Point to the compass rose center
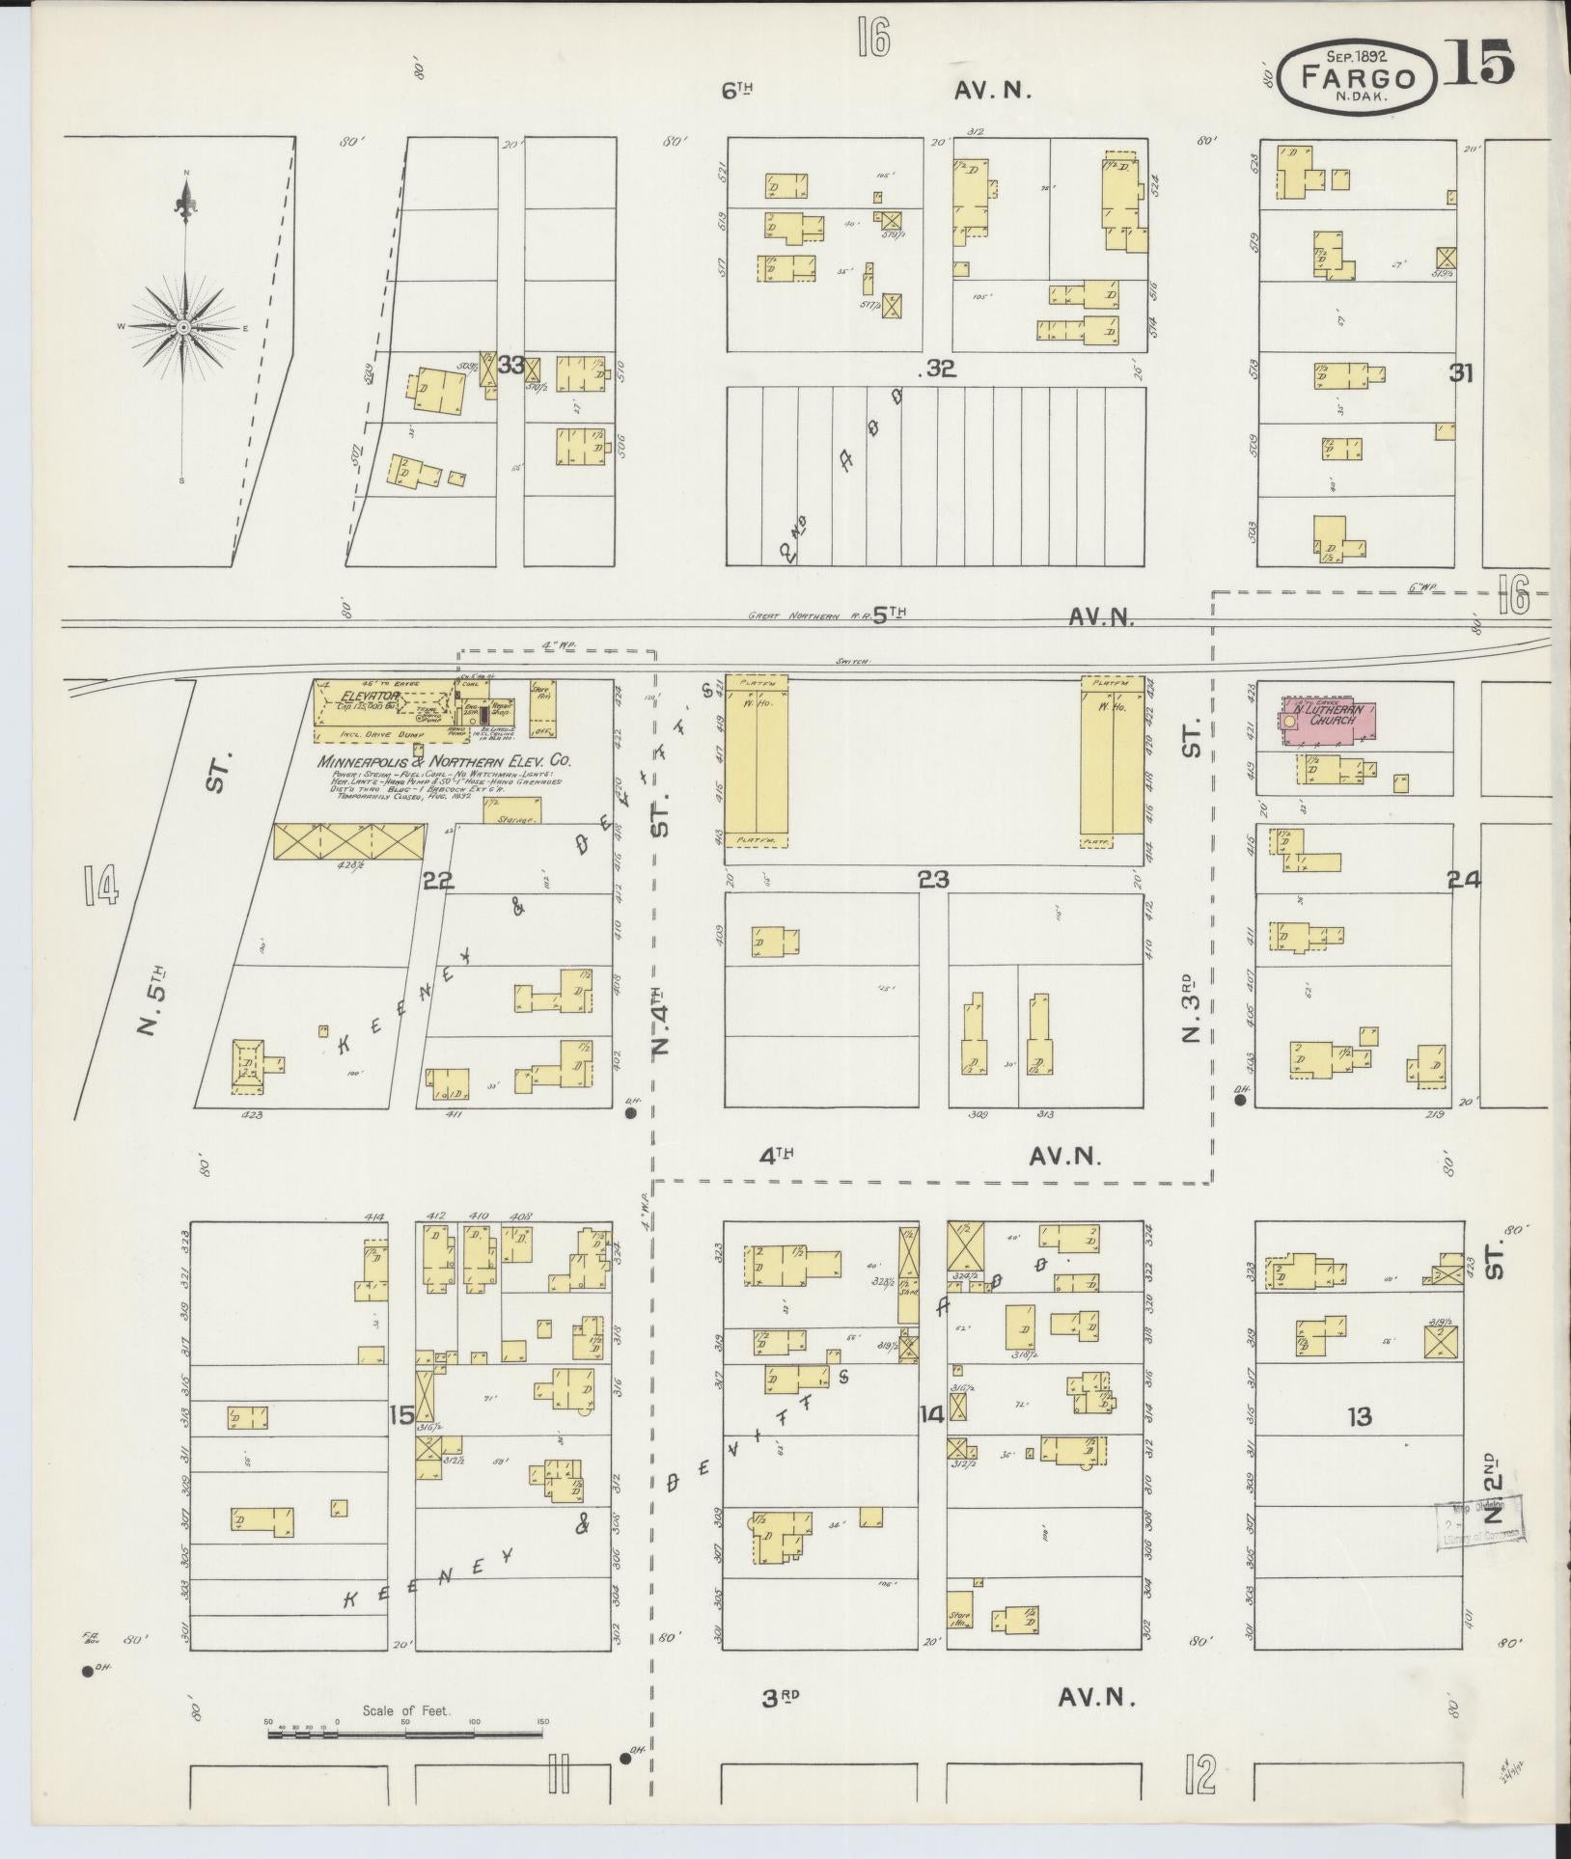pyautogui.click(x=181, y=329)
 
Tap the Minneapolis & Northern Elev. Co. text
pyautogui.click(x=445, y=761)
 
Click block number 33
pyautogui.click(x=511, y=366)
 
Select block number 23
pyautogui.click(x=933, y=879)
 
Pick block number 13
pyautogui.click(x=1360, y=1416)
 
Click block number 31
pyautogui.click(x=1461, y=373)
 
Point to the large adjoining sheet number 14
pyautogui.click(x=100, y=886)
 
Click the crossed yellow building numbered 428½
pyautogui.click(x=349, y=841)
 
